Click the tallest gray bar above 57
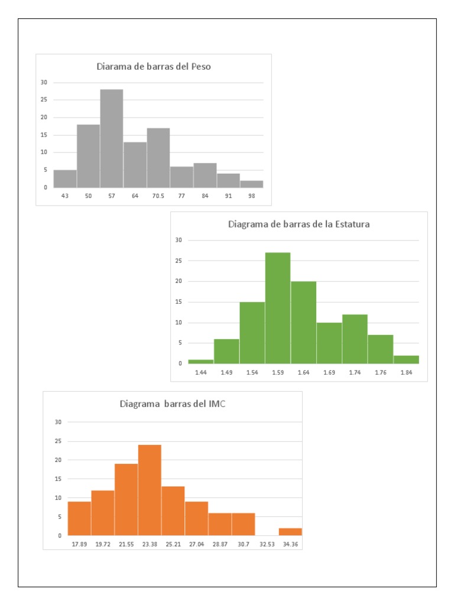tap(111, 138)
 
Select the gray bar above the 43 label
tap(65, 178)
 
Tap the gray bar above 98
tap(252, 184)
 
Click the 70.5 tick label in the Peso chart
tap(158, 196)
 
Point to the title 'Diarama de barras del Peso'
tap(154, 67)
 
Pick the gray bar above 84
tap(205, 175)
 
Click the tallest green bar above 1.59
tap(278, 308)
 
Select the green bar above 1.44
tap(201, 361)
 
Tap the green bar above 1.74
tap(355, 339)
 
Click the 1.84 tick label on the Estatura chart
tap(406, 372)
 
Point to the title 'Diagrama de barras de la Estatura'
tap(299, 224)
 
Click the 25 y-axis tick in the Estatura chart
tap(179, 261)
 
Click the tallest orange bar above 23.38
tap(150, 490)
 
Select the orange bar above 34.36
tap(290, 532)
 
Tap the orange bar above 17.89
tap(79, 518)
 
